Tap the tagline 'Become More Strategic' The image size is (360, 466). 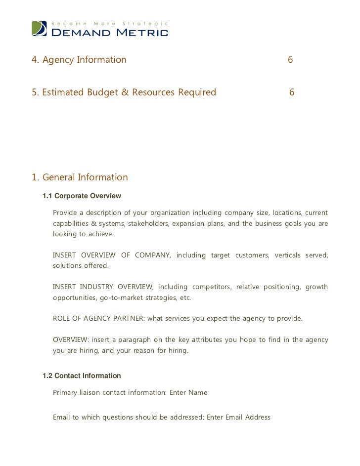[x=110, y=24]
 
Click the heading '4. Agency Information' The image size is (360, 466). [x=79, y=60]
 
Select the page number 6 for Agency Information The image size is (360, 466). [x=290, y=60]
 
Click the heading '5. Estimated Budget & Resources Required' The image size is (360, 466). [x=124, y=92]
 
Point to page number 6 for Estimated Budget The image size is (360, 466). [x=292, y=92]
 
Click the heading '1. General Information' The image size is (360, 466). [x=80, y=177]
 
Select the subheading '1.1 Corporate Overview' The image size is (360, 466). [x=82, y=196]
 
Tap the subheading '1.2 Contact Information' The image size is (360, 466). [x=82, y=376]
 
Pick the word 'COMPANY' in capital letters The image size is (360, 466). [x=152, y=255]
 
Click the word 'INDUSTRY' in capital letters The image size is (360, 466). [x=97, y=287]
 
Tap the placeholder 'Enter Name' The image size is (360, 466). [x=188, y=393]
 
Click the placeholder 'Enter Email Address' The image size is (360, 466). [x=238, y=417]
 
